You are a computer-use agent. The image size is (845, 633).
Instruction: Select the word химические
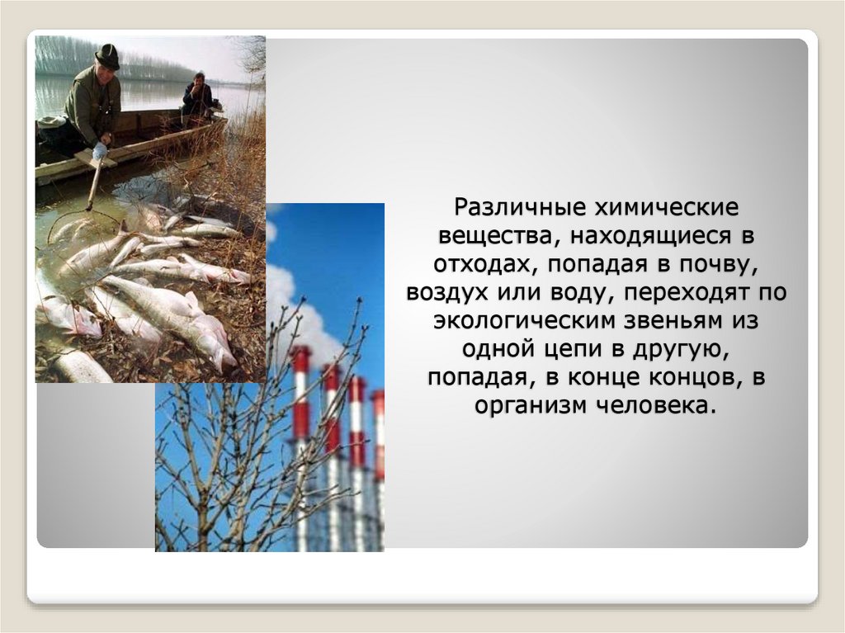tap(654, 205)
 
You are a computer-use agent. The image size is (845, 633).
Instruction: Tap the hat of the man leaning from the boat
tap(107, 56)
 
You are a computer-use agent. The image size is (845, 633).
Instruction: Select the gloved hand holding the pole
tap(100, 151)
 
